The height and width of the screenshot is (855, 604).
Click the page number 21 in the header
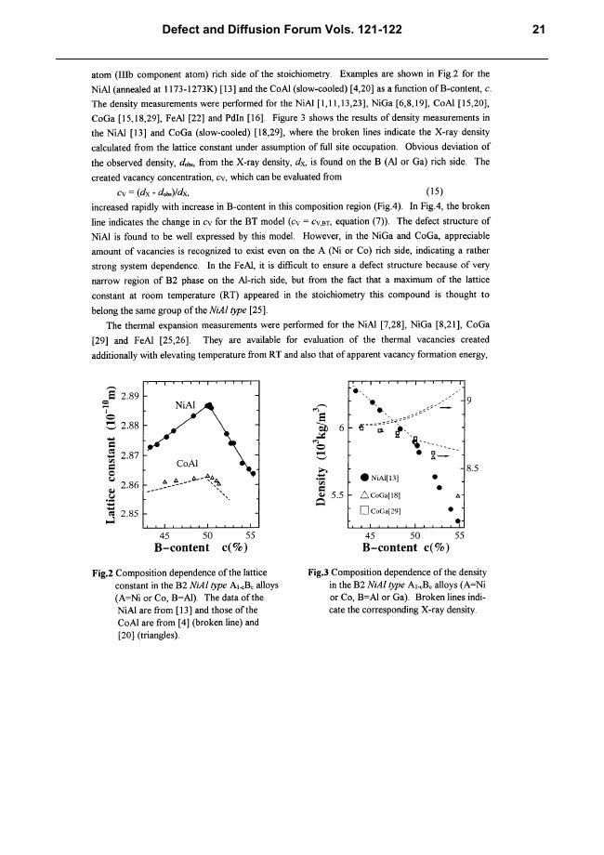[538, 30]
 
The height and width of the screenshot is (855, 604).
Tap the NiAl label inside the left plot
[186, 405]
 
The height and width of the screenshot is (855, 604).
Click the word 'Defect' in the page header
[185, 30]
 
